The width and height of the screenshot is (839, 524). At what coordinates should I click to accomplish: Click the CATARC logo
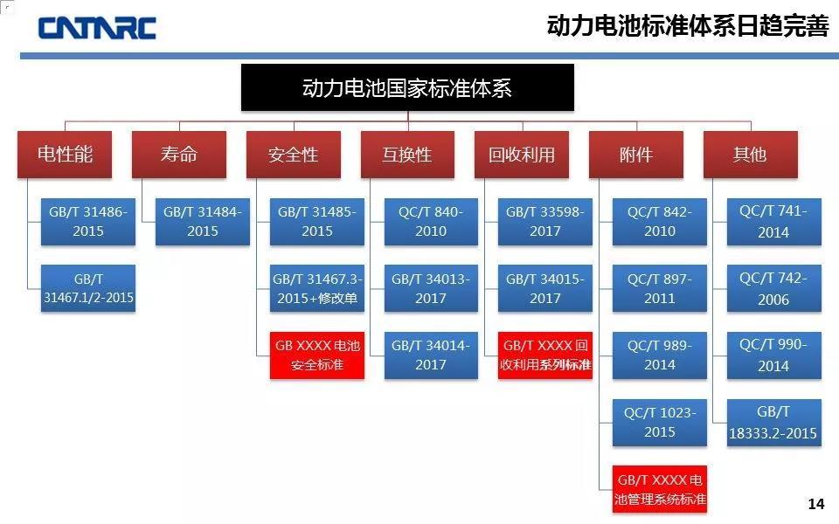[x=97, y=27]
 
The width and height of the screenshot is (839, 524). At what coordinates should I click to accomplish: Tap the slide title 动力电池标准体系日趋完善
[x=687, y=26]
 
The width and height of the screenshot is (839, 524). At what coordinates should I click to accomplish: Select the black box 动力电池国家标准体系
[x=407, y=87]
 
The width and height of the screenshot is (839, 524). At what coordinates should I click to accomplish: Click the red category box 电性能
[x=65, y=155]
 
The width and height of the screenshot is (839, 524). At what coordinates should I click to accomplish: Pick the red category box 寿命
[x=179, y=155]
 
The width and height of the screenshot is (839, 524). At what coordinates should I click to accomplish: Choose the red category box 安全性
[x=294, y=155]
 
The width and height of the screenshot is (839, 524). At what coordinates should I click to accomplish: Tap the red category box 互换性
[x=407, y=155]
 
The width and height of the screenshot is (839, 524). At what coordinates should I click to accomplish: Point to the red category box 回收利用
[x=522, y=155]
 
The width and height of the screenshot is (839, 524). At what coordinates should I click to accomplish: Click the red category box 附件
[x=636, y=155]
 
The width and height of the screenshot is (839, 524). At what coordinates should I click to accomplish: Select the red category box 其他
[x=750, y=155]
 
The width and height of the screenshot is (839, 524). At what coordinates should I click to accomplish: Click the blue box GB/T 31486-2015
[x=88, y=221]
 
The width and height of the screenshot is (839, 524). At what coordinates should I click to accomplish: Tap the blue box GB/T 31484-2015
[x=203, y=221]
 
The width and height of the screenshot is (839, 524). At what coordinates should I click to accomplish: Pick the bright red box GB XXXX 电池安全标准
[x=317, y=355]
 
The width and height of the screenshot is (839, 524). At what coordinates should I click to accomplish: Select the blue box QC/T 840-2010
[x=431, y=221]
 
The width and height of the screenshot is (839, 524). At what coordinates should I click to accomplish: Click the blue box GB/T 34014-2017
[x=431, y=355]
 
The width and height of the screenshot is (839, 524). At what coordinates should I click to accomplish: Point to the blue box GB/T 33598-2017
[x=545, y=221]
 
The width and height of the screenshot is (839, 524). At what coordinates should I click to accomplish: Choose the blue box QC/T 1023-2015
[x=660, y=422]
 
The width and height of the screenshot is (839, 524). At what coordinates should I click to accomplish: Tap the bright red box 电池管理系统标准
[x=660, y=490]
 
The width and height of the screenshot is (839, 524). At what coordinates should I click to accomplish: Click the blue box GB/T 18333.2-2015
[x=773, y=423]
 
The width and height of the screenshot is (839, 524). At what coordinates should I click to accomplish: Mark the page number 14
[x=816, y=504]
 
